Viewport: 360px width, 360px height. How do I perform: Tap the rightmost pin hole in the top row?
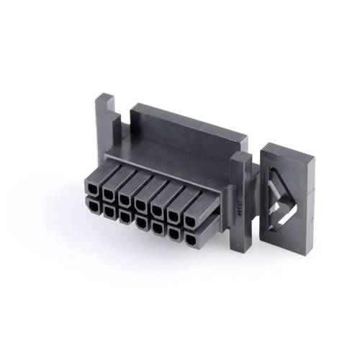pos(190,220)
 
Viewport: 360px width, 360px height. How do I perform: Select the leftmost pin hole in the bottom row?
pos(94,205)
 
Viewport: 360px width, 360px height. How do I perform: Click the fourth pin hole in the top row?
pos(140,204)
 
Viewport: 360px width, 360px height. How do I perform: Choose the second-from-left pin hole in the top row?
pos(109,194)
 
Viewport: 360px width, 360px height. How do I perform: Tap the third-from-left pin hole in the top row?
pos(125,199)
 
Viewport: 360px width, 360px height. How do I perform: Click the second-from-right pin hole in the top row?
pos(174,215)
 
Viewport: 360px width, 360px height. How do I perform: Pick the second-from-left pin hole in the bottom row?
pos(109,211)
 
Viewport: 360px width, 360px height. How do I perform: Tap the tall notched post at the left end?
pos(104,130)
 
